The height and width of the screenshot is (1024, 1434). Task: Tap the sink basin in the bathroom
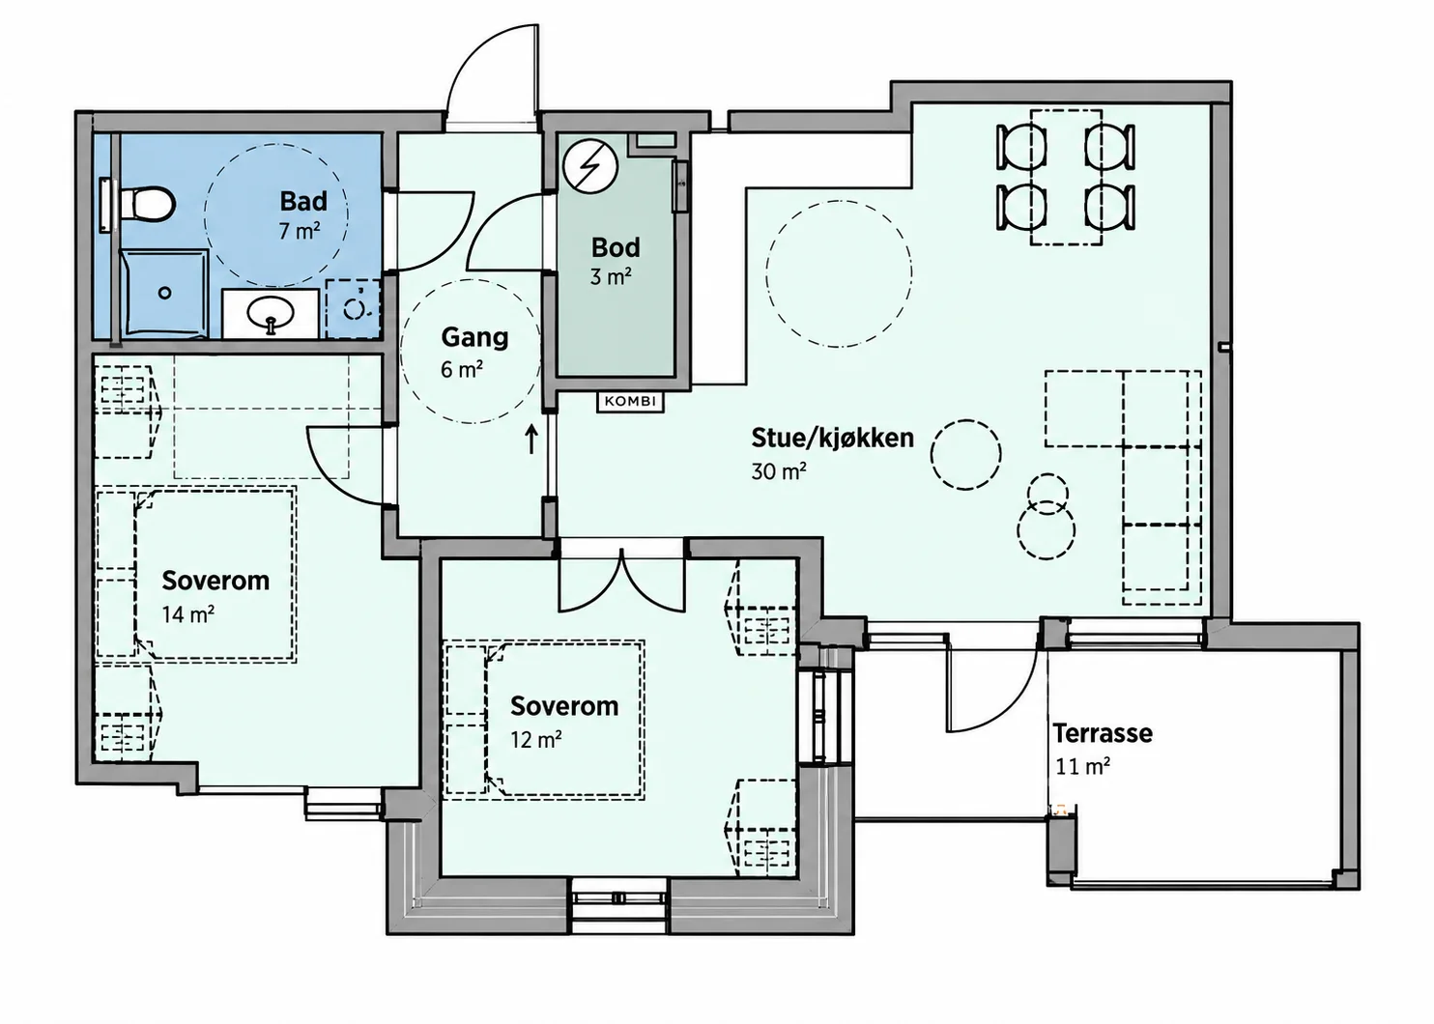click(271, 314)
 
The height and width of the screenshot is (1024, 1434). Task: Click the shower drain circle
click(165, 293)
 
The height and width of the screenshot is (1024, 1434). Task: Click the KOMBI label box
click(631, 401)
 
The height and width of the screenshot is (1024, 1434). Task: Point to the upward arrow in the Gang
click(531, 440)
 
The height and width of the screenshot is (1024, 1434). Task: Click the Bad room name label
click(303, 202)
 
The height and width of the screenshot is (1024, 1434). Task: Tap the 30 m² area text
click(779, 471)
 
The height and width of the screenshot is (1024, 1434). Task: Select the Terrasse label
click(1103, 733)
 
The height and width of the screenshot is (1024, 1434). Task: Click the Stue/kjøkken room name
click(832, 439)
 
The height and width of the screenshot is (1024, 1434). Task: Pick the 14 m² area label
click(187, 615)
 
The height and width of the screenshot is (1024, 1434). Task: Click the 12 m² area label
click(536, 740)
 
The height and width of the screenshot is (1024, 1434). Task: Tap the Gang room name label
click(474, 338)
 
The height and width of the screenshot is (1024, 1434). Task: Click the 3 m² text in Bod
click(611, 277)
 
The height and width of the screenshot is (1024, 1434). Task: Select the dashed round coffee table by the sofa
click(965, 455)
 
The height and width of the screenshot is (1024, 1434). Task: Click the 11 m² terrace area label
click(1082, 766)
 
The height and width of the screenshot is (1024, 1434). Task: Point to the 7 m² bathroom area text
click(300, 230)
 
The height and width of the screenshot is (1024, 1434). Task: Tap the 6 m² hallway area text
click(461, 370)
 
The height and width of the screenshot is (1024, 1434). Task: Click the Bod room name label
click(616, 247)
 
